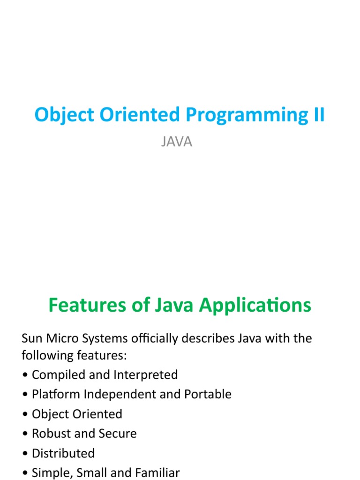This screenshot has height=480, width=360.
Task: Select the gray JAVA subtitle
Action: click(177, 142)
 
